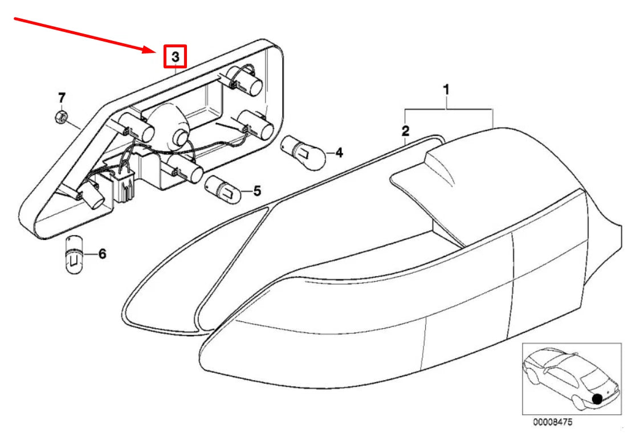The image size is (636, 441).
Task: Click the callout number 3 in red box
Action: coord(176,56)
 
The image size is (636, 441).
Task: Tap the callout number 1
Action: coord(447,89)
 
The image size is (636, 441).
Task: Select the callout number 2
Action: coord(405,131)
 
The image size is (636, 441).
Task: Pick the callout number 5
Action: coord(257,191)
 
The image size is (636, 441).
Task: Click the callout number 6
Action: coord(102,254)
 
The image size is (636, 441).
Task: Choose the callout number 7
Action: coord(62,97)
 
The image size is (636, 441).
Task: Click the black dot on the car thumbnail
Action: coord(598,399)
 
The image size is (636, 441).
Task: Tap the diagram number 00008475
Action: coord(552,423)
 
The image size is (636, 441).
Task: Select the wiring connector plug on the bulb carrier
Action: coord(125,185)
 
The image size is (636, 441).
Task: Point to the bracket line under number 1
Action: coord(448,108)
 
